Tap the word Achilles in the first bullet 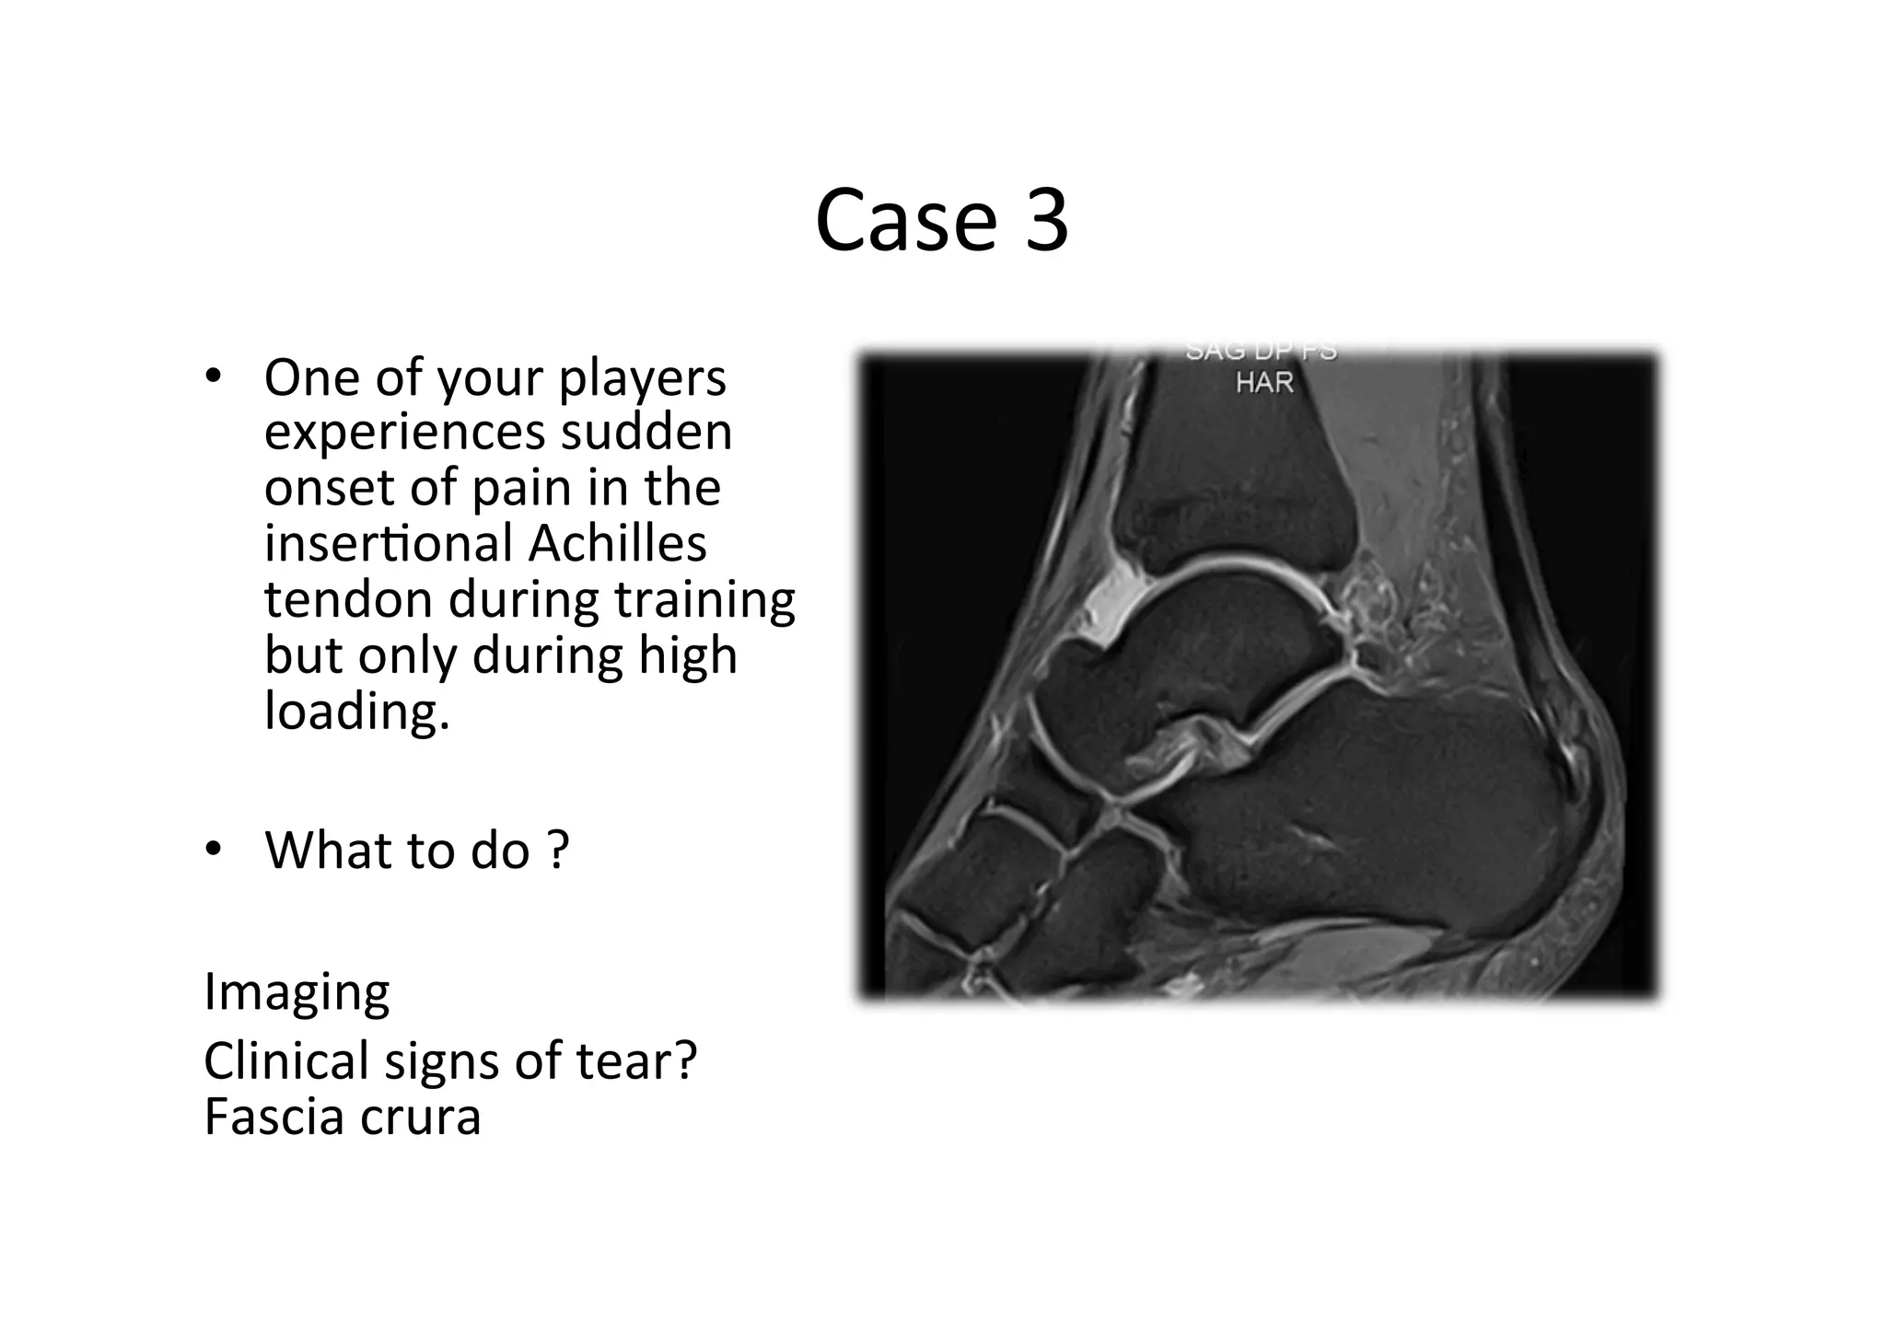(617, 543)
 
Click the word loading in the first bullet (355, 711)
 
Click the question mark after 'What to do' (558, 850)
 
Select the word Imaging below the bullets (297, 992)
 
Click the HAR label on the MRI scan (1263, 382)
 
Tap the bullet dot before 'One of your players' (214, 376)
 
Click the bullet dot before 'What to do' (214, 849)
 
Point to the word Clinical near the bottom (285, 1060)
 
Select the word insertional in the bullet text (388, 543)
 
